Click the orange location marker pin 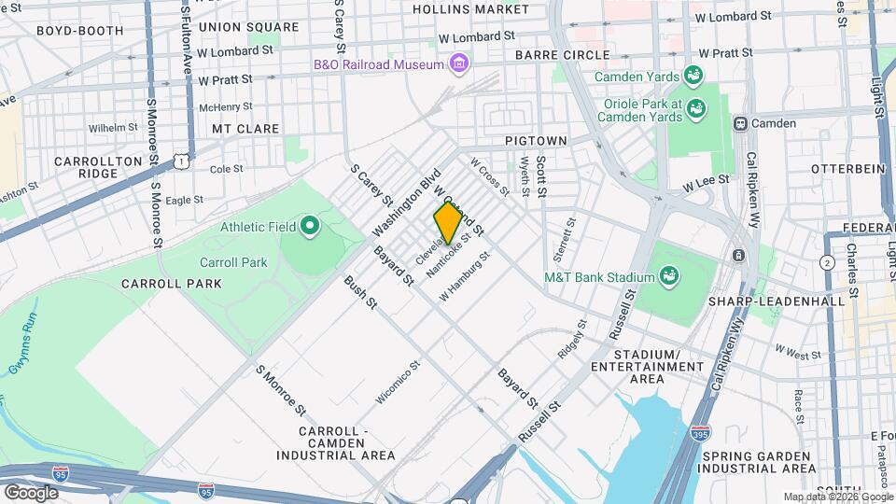448,222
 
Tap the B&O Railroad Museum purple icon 458,63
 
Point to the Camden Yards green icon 693,74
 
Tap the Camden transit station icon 740,123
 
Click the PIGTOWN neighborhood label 536,140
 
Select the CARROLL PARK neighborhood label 171,283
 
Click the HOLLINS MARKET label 470,9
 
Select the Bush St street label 359,291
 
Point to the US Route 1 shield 181,161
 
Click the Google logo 31,492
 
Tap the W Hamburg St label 465,275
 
